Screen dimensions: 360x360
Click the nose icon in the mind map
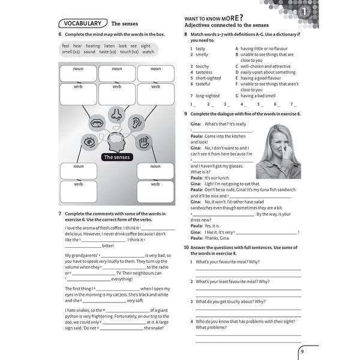click(115, 113)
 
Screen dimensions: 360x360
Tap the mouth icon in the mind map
click(96, 123)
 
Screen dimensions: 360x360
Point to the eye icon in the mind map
click(89, 142)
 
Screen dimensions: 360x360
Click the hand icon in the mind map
click(142, 142)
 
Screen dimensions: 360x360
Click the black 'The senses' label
click(116, 157)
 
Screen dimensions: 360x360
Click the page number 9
click(302, 352)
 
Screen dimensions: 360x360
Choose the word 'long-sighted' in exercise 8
click(208, 95)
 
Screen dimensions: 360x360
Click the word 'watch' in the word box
click(148, 52)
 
